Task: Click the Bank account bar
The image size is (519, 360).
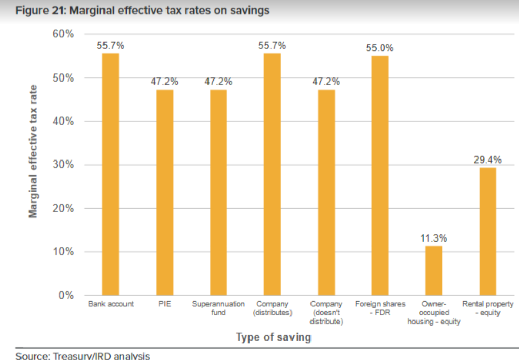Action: (x=111, y=174)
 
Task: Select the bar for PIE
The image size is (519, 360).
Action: (x=165, y=193)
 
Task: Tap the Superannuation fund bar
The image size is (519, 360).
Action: (x=219, y=193)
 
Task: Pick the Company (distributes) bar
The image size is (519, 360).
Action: (x=272, y=174)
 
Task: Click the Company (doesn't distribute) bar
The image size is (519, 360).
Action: (x=326, y=193)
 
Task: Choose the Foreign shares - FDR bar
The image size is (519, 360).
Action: (x=380, y=176)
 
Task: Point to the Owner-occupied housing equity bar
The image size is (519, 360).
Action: (x=434, y=271)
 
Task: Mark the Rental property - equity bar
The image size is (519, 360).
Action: (x=488, y=231)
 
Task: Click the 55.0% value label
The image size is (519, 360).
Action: (x=380, y=48)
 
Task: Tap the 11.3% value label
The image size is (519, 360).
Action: (x=434, y=238)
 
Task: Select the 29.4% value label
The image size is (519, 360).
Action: (x=488, y=160)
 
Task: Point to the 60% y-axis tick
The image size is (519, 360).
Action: (x=64, y=34)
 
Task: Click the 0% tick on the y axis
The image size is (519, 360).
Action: (x=67, y=296)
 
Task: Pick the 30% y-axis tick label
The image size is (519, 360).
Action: (x=64, y=165)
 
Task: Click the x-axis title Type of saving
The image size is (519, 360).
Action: (x=274, y=337)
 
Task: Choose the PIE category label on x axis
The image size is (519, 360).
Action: (x=165, y=304)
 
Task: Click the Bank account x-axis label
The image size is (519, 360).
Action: (x=111, y=304)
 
